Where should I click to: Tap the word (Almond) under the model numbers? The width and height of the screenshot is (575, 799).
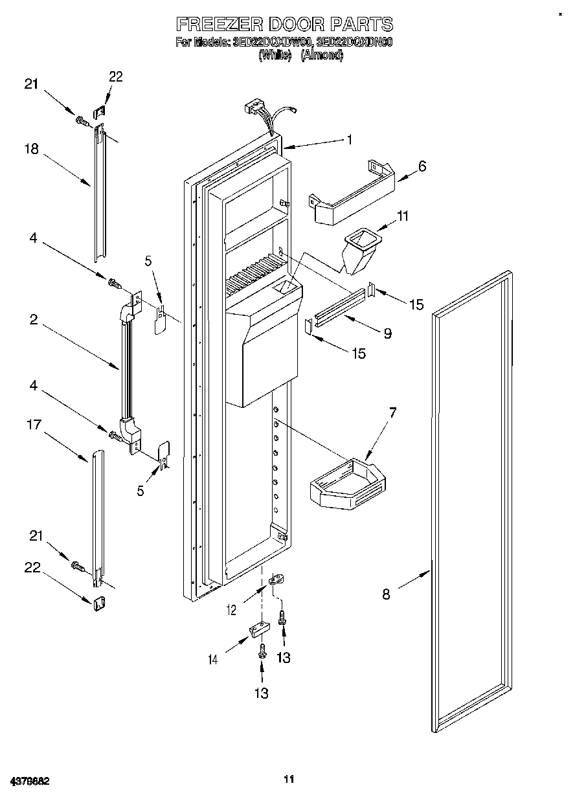tap(322, 55)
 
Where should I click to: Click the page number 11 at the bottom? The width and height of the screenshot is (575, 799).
tap(289, 779)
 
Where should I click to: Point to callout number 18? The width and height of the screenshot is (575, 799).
tap(31, 150)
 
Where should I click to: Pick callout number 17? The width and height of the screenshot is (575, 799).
tap(34, 425)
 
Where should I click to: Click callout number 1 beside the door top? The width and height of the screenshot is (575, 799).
tap(350, 139)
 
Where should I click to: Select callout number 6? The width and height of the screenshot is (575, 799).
tap(422, 166)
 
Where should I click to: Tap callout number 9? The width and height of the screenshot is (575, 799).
tap(387, 333)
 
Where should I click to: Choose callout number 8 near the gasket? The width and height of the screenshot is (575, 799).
tap(386, 594)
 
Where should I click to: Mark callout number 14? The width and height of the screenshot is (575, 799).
tap(213, 659)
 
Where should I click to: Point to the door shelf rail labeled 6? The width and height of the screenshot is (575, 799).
tap(353, 194)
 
